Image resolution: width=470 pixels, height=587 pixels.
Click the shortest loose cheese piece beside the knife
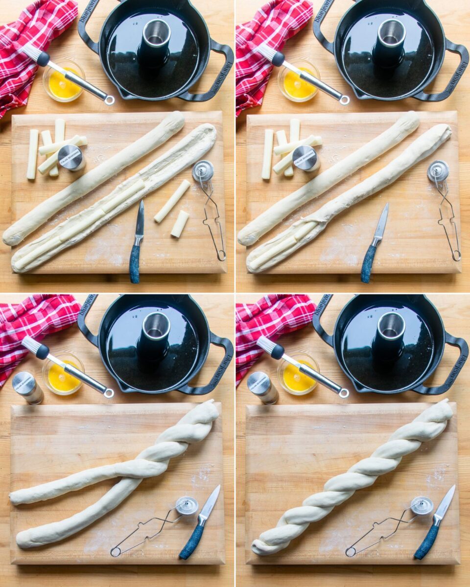[x=180, y=224]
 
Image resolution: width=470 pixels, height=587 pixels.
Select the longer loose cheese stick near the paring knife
[x=172, y=201]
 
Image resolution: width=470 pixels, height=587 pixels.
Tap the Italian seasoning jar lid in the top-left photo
[x=71, y=158]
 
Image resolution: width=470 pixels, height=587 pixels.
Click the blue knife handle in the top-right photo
[x=369, y=263]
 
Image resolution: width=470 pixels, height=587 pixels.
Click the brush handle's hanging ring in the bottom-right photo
[x=344, y=392]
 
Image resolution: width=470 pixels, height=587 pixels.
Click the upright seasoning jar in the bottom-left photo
[x=27, y=387]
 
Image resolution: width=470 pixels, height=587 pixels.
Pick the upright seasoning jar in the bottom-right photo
[x=262, y=387]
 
